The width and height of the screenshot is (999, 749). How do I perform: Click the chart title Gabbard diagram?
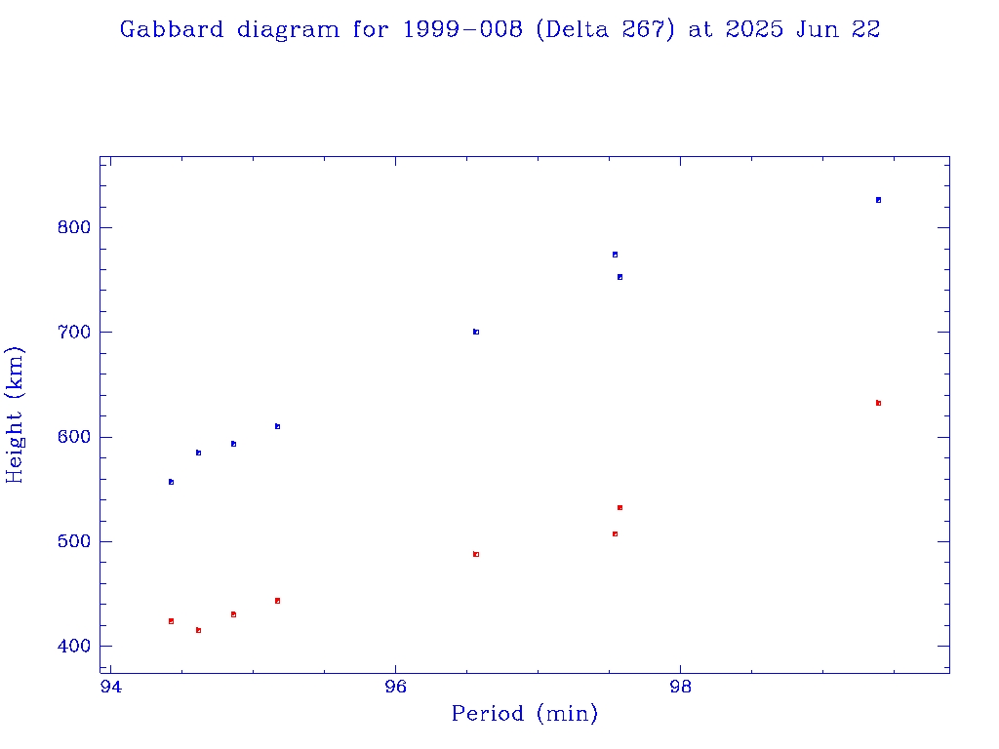pos(499,29)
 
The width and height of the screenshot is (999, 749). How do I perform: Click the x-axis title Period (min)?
pos(524,714)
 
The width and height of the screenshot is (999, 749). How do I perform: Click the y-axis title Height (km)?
pos(16,414)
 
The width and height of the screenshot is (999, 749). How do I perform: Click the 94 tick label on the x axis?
pos(111,688)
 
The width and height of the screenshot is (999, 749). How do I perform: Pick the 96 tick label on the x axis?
pos(396,688)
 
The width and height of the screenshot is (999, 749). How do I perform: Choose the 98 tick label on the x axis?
pos(681,688)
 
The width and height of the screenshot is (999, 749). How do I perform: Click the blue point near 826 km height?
pos(878,200)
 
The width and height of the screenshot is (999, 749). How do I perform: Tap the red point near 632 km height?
pos(878,403)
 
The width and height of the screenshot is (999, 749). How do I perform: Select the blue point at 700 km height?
pos(476,332)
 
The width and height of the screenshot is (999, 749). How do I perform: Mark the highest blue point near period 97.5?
pos(615,255)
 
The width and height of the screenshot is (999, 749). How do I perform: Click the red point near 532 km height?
pos(619,507)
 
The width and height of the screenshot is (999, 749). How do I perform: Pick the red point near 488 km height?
pos(476,554)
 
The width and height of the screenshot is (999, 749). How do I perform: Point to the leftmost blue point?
pos(171,482)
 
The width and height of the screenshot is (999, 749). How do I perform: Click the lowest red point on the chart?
pos(198,630)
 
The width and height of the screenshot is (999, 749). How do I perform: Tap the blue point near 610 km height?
pos(277,426)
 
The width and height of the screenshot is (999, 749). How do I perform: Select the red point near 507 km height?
pos(615,533)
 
